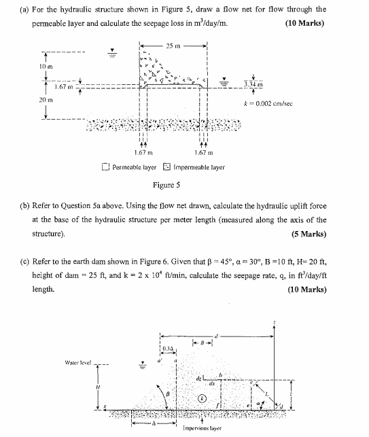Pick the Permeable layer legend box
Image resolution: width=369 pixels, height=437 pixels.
point(105,166)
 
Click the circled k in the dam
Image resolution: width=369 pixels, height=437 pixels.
point(202,398)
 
